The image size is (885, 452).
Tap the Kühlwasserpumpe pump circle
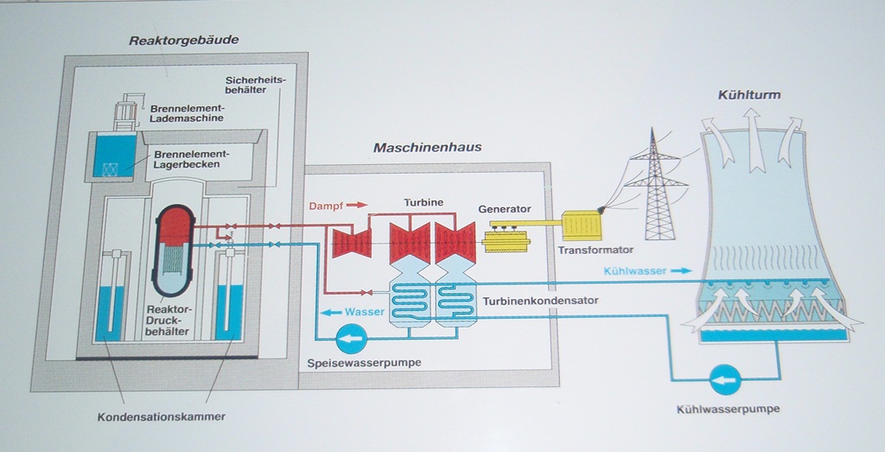[x=724, y=378]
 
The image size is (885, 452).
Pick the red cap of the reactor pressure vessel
[x=176, y=224]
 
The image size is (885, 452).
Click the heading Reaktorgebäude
[x=183, y=40]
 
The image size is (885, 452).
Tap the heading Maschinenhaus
[x=427, y=147]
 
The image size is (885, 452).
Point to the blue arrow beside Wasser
[x=330, y=312]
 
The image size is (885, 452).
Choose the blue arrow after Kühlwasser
[x=682, y=271]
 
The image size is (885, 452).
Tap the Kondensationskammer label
[x=162, y=417]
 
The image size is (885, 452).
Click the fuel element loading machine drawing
[x=127, y=112]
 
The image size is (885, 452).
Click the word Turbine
[x=423, y=202]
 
